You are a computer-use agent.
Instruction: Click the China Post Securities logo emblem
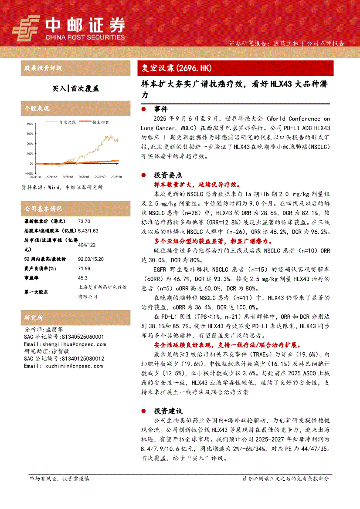pos(26,29)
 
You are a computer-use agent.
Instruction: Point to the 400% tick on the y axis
pos(30,123)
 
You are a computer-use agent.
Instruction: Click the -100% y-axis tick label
pos(29,173)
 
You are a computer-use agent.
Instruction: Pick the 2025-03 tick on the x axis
pos(68,177)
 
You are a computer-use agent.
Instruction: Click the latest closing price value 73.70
pos(84,221)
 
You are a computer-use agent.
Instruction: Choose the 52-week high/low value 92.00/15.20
pos(91,259)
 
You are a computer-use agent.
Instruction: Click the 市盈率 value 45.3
pos(82,278)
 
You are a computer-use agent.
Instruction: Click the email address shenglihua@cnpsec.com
pos(65,344)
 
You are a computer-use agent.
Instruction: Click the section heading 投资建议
pos(168,411)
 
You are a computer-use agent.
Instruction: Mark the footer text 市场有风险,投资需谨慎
pos(59,479)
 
